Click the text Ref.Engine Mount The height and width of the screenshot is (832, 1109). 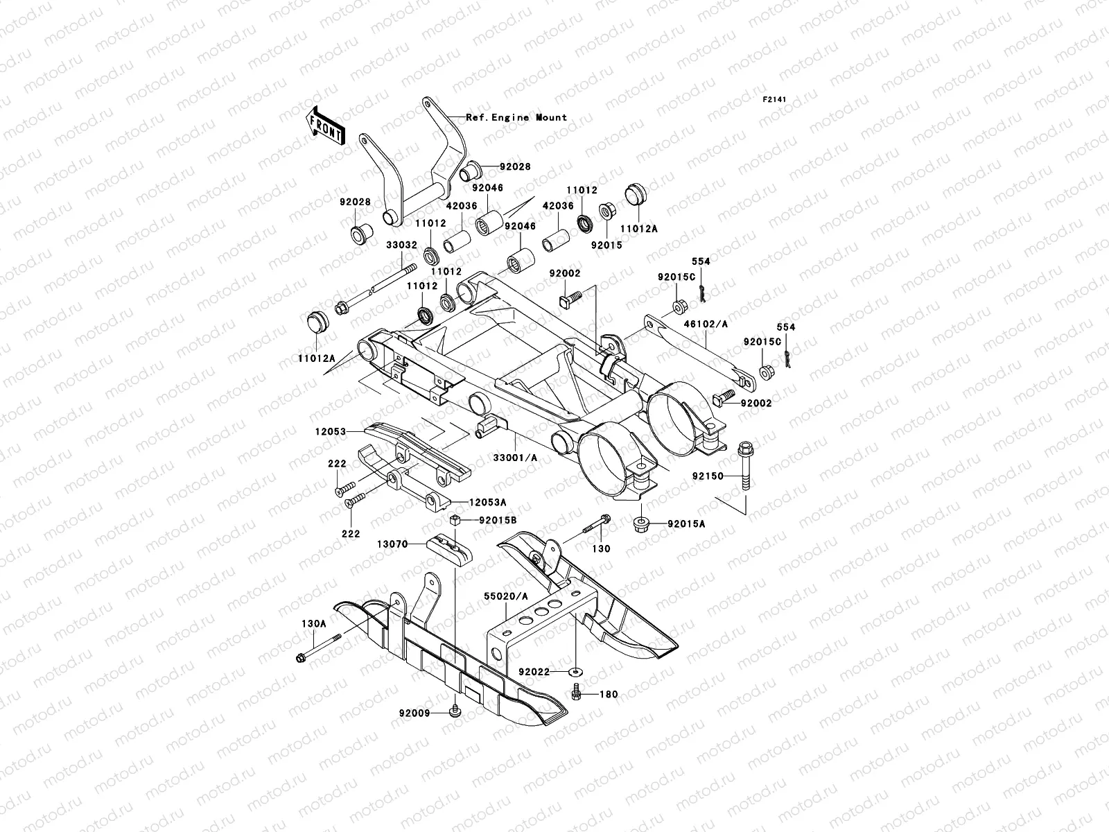tap(516, 118)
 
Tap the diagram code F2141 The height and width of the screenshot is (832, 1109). tap(776, 100)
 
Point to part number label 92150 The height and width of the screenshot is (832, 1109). tap(708, 477)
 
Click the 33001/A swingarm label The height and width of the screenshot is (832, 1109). tap(533, 459)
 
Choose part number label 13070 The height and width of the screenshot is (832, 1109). tap(392, 546)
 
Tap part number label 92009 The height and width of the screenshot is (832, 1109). tap(415, 713)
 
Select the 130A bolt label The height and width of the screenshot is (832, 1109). tap(314, 623)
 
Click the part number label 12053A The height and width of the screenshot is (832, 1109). tap(487, 501)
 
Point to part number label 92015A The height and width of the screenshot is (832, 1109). tap(686, 524)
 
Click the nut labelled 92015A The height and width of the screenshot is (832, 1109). tap(641, 524)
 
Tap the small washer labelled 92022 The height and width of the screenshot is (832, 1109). tap(575, 672)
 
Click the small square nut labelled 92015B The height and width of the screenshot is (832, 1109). tap(455, 521)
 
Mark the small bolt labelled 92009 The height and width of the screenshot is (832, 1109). tap(455, 711)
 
